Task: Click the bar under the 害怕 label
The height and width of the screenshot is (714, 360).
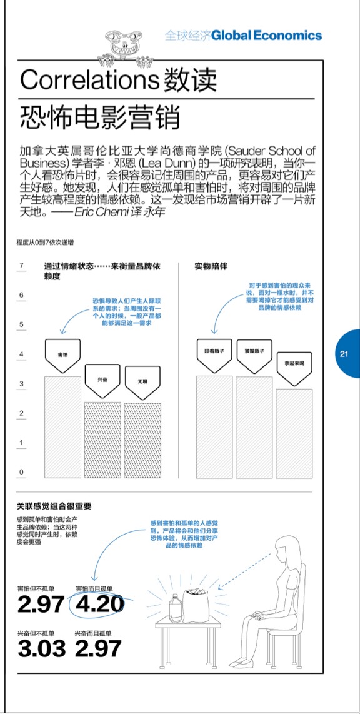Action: (62, 427)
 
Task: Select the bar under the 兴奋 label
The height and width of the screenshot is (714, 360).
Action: (102, 440)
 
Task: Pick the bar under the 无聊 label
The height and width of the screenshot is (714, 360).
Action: (142, 441)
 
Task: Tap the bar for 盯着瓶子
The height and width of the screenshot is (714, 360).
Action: (214, 427)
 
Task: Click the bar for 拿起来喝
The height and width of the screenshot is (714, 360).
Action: (294, 433)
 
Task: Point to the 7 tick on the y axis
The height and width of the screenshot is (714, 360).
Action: (21, 266)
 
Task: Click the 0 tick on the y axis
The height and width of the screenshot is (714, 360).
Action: (21, 472)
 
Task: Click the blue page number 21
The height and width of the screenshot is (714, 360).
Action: (344, 354)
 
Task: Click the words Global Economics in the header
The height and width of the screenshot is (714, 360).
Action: (267, 35)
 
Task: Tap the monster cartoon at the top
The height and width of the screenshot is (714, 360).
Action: (126, 46)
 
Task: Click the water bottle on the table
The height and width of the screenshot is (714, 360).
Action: (175, 607)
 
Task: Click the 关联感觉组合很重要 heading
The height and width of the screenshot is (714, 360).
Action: (54, 505)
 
